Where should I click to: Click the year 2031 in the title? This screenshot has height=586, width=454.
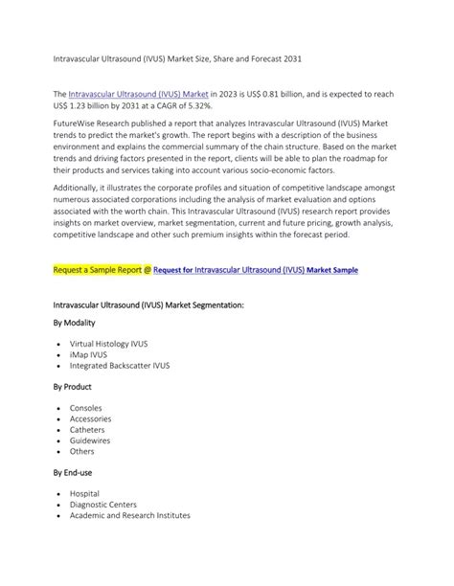click(290, 58)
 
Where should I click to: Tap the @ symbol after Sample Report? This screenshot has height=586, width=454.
click(148, 270)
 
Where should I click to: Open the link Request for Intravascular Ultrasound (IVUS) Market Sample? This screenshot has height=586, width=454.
click(256, 270)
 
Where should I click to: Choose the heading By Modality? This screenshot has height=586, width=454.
click(74, 323)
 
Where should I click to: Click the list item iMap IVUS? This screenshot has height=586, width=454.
click(88, 354)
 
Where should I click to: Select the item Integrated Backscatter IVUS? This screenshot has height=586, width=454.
click(119, 366)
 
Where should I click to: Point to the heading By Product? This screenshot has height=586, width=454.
click(72, 387)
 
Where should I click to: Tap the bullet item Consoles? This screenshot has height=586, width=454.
click(87, 408)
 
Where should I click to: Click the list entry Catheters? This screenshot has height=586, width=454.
click(89, 430)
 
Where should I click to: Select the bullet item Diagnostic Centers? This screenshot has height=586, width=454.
click(102, 504)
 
